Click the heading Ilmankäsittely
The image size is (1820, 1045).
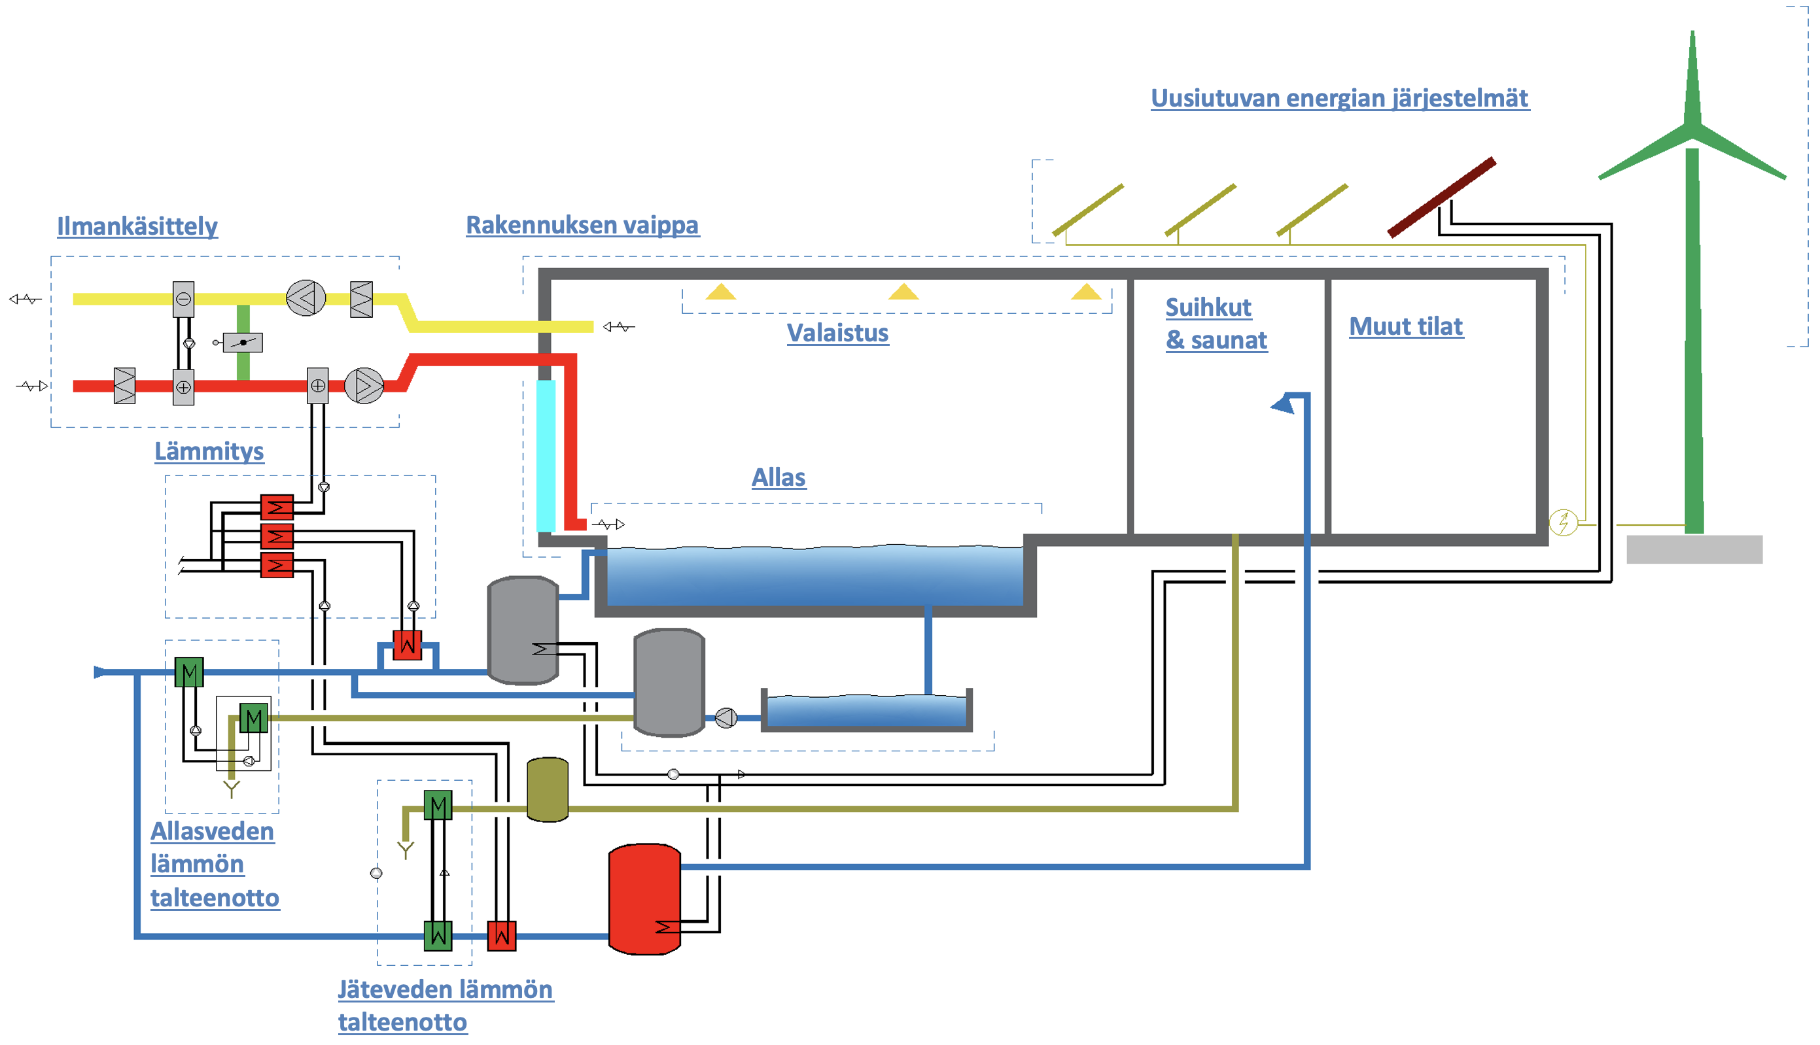point(137,226)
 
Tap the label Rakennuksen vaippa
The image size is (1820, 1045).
point(582,225)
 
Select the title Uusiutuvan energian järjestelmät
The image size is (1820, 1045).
point(1340,97)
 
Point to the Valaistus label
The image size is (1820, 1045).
point(838,333)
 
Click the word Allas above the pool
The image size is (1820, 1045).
point(779,477)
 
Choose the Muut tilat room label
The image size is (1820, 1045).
point(1406,326)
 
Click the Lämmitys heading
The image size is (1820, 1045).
point(209,451)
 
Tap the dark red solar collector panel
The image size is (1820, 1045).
point(1441,197)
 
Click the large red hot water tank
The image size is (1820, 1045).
point(644,899)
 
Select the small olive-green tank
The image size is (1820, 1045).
point(547,789)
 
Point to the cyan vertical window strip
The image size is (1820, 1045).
point(546,456)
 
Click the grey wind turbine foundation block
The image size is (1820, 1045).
point(1694,549)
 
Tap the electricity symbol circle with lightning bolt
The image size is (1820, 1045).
point(1563,522)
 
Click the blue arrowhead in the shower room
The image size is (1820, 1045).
point(1283,404)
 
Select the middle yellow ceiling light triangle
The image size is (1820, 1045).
point(903,292)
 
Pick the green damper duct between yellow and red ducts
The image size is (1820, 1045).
point(243,343)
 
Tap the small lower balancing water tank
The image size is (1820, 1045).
point(867,711)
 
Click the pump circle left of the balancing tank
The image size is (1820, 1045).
point(726,718)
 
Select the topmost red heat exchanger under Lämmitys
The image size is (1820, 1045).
point(277,507)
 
